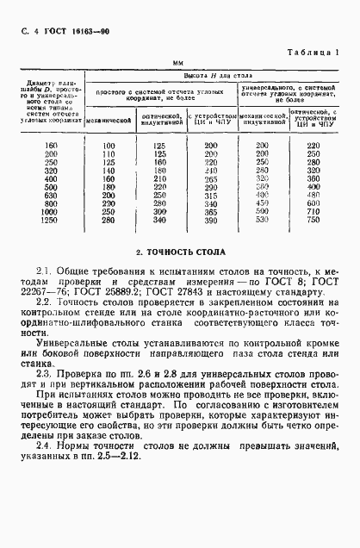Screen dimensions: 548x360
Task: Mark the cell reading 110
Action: (x=109, y=153)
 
